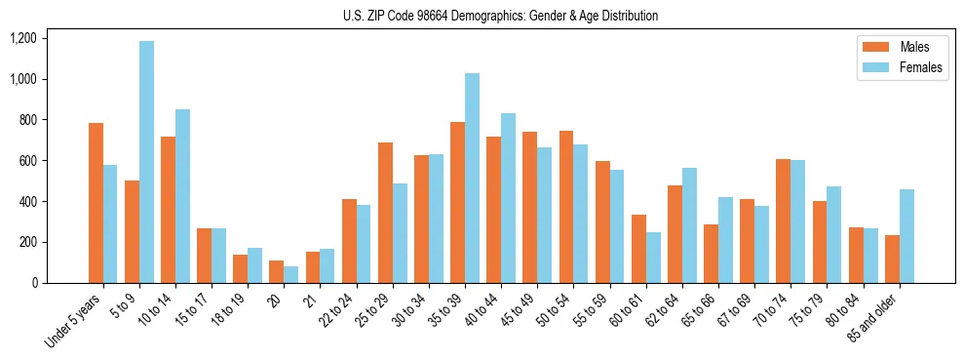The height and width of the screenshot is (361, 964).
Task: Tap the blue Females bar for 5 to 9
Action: coord(146,162)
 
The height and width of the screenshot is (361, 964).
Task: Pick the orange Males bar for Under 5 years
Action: coord(96,203)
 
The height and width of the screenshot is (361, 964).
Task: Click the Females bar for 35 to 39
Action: coord(472,179)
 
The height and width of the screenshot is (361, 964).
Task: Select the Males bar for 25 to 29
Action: coord(385,213)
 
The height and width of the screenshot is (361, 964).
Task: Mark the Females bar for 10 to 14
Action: coord(182,196)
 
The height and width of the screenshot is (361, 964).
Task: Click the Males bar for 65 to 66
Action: coord(711,254)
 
